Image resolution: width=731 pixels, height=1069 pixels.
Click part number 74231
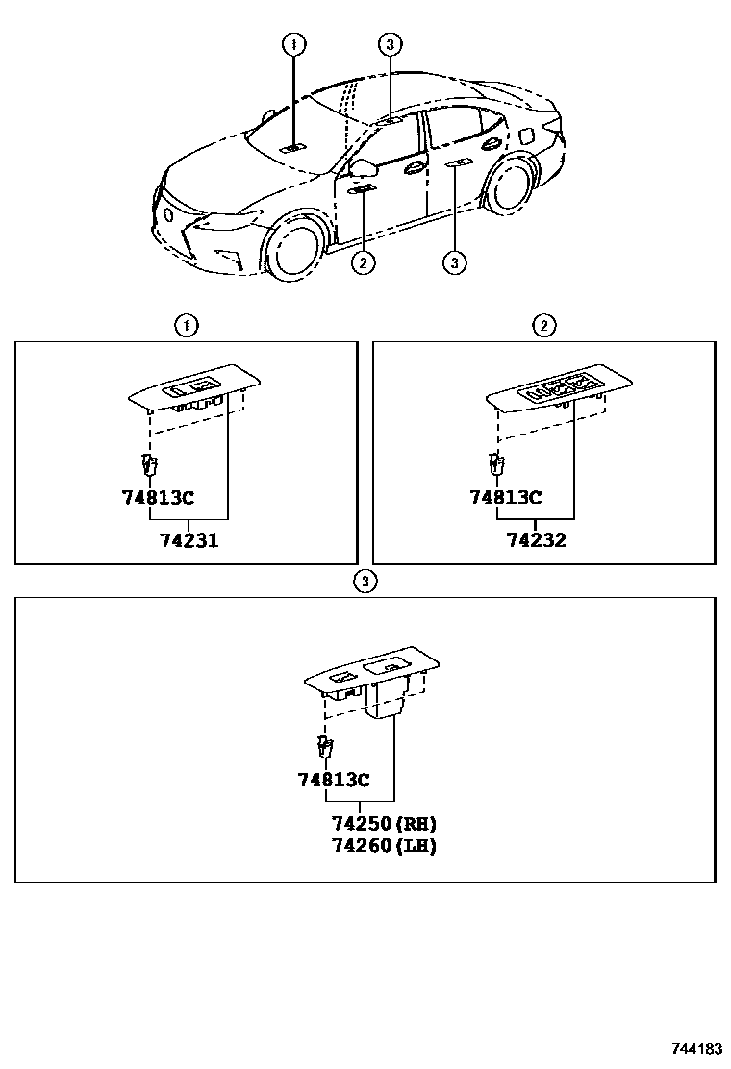(189, 540)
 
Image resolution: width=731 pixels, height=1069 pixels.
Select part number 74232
(537, 540)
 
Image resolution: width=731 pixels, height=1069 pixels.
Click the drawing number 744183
(697, 1049)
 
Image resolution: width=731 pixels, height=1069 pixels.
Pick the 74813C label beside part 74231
(158, 497)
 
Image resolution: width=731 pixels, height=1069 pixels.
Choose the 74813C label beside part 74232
(505, 497)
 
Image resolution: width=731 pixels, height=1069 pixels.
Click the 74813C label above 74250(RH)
(334, 780)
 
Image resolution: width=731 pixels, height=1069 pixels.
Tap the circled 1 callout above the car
(293, 44)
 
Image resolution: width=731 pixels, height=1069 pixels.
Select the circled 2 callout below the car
(363, 261)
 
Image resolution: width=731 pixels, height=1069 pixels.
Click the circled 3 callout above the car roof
(389, 44)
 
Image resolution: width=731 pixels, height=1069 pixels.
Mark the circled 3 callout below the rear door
(455, 261)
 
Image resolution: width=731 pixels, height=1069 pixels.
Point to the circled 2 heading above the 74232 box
(544, 326)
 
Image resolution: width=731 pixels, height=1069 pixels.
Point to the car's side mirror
(365, 169)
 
